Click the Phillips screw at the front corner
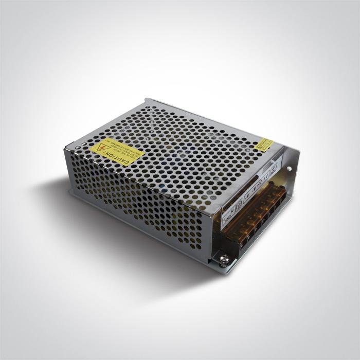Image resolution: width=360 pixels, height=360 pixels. (224, 259)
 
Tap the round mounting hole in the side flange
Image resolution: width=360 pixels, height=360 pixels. (289, 168)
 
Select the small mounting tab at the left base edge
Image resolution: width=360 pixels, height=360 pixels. (72, 192)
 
